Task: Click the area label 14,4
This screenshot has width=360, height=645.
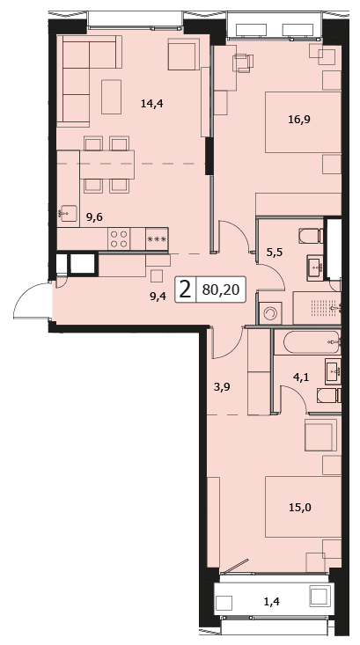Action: pos(151,104)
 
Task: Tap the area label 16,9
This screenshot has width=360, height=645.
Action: pos(299,120)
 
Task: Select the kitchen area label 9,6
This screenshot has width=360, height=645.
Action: pos(94,217)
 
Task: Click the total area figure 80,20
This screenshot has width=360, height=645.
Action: pos(221,290)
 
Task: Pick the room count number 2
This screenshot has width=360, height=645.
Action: pos(186,290)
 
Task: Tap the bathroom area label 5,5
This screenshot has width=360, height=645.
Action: pos(274,252)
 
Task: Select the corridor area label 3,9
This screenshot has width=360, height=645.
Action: pos(222,387)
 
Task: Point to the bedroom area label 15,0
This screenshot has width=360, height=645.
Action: pos(299,507)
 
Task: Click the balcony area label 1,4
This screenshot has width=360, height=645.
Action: pos(271,602)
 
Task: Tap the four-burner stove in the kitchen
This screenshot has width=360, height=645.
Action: pos(119,238)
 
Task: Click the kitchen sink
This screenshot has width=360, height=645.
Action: pos(69,214)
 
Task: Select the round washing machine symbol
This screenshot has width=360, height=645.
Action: pos(270,313)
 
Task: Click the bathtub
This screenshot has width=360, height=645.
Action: pos(306,342)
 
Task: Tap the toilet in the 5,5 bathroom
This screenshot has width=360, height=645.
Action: pos(311,236)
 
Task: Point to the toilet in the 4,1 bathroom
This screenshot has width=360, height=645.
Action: pos(328,396)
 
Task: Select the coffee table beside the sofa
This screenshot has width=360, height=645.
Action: pos(112,97)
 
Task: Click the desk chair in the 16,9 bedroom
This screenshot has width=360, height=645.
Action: pos(243,63)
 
